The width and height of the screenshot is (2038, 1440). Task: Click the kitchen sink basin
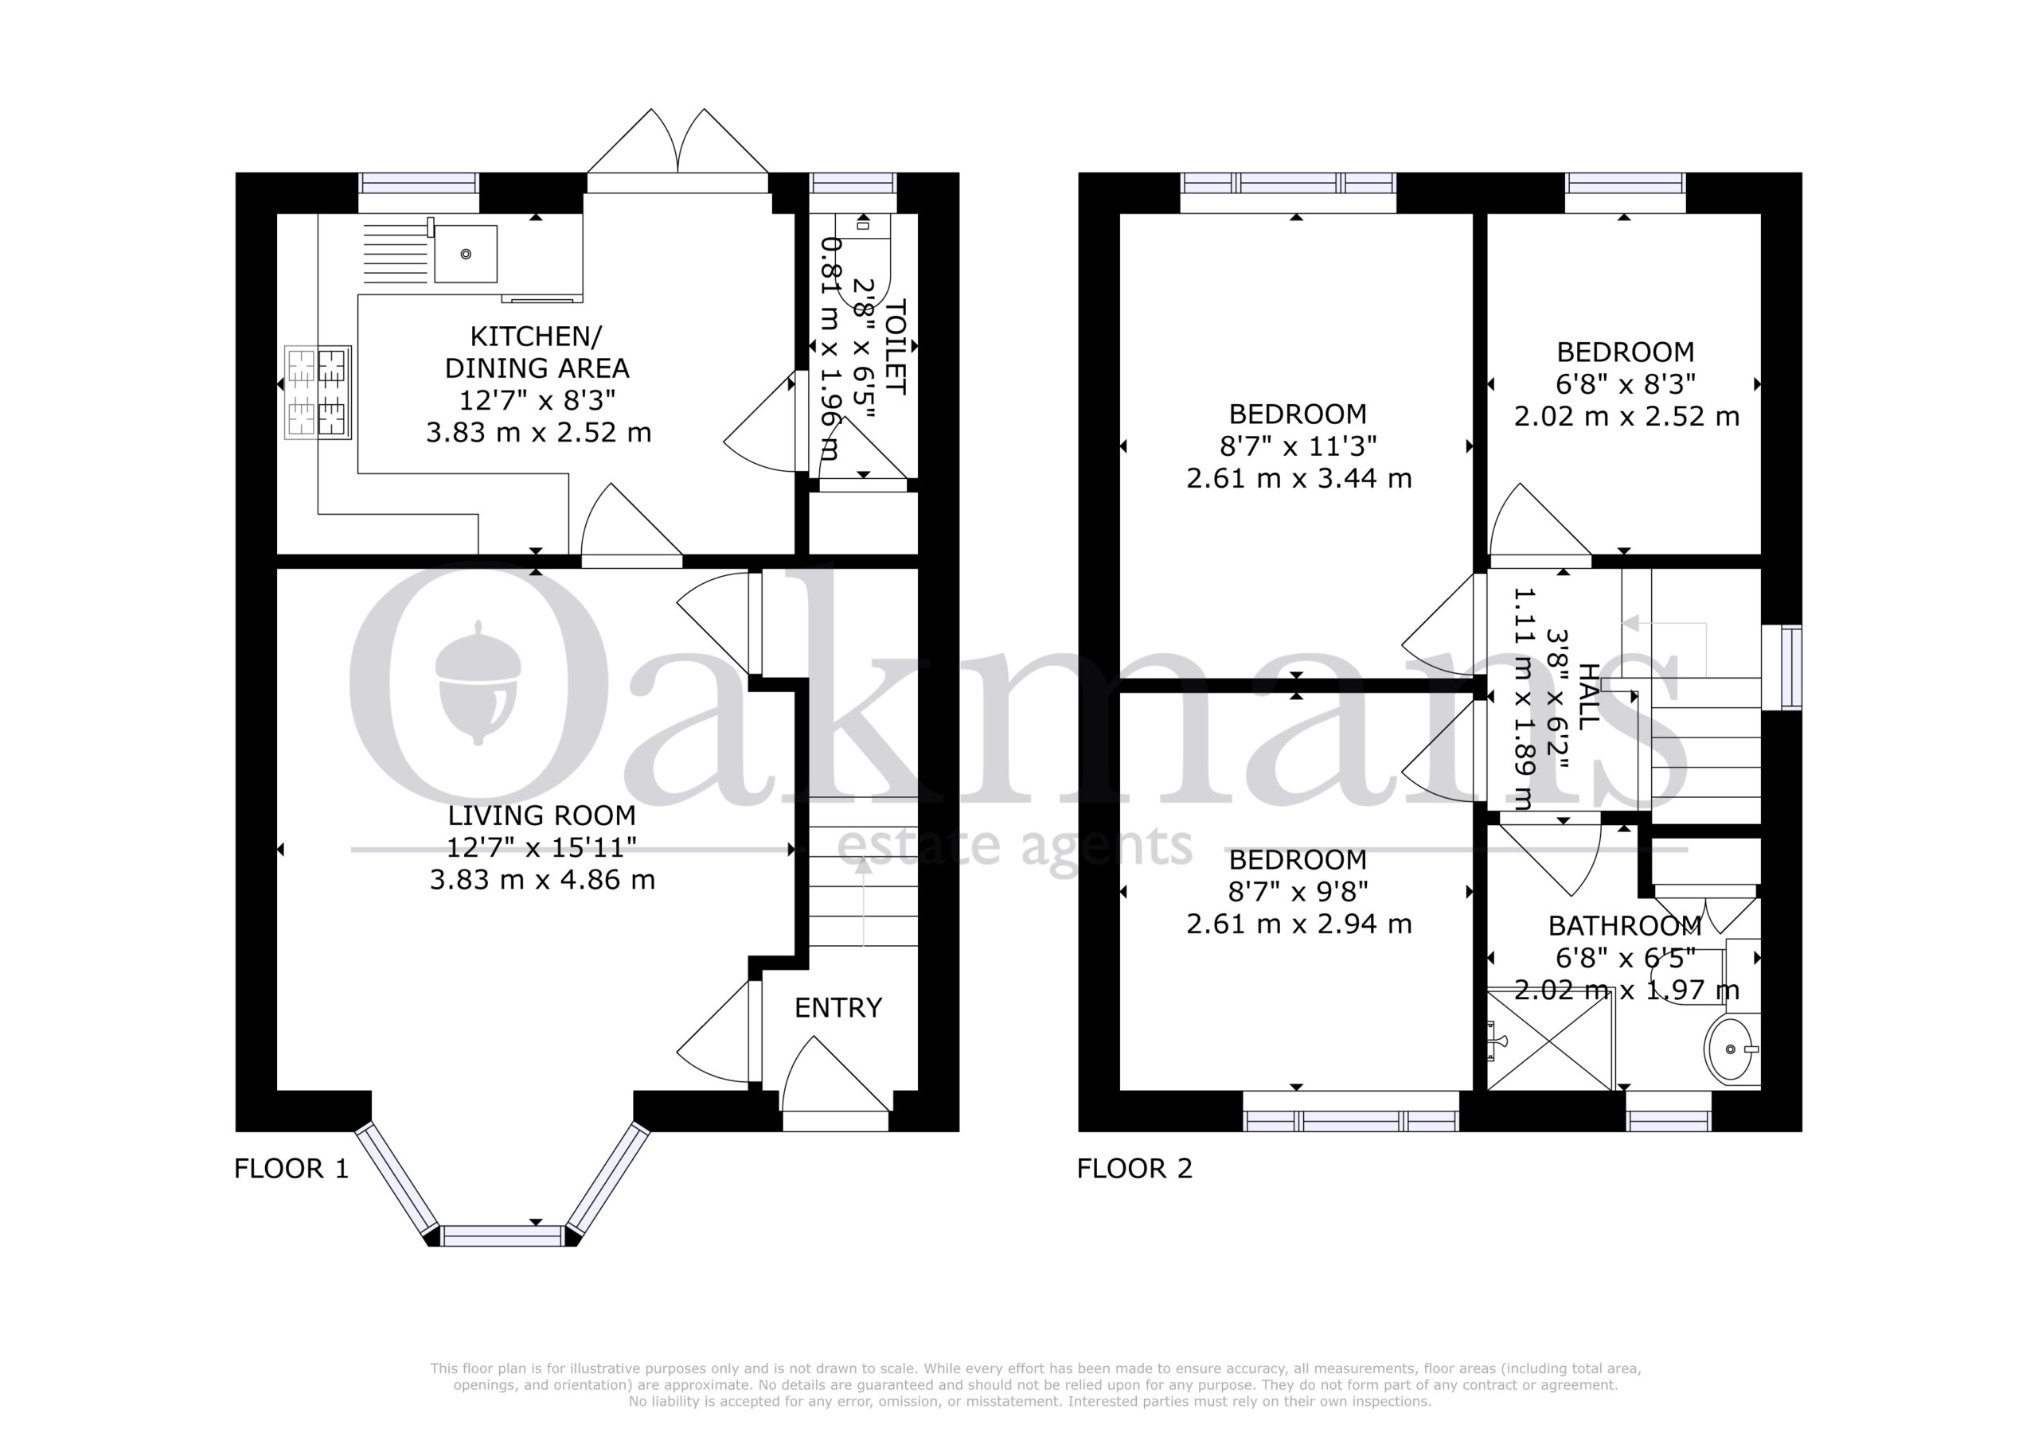(x=465, y=254)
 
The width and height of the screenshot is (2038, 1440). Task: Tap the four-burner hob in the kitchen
(x=318, y=392)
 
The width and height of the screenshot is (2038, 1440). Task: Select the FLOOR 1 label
(x=291, y=1169)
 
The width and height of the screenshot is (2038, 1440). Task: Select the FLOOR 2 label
(x=1134, y=1169)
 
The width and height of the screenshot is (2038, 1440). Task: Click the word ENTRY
(x=838, y=1008)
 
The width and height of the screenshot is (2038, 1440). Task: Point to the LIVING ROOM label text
(x=541, y=815)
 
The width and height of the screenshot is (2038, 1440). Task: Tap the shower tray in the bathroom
(x=1550, y=1039)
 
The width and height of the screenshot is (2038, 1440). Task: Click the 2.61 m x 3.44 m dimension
(x=1298, y=479)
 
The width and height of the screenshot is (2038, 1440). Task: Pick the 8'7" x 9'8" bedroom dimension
(x=1298, y=891)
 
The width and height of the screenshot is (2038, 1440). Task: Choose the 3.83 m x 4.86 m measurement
(x=542, y=880)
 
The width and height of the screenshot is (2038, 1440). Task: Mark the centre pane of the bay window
(x=502, y=1235)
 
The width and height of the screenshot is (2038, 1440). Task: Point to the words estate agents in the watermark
(x=1014, y=846)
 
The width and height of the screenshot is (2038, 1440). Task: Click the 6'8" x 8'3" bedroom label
(x=1626, y=384)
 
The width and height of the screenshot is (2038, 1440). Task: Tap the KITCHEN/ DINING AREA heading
(x=537, y=352)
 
